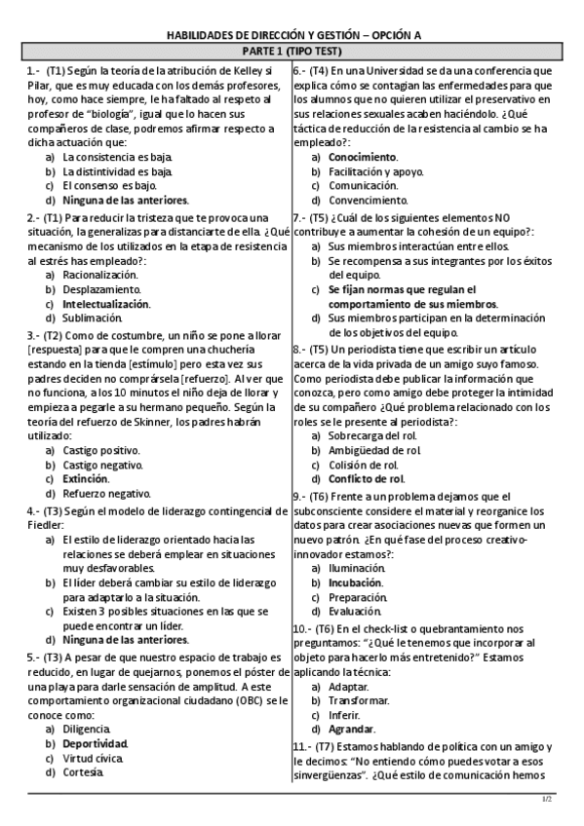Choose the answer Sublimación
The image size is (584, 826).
pyautogui.click(x=94, y=317)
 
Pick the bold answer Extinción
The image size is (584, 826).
pyautogui.click(x=86, y=478)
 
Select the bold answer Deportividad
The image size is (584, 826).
pyautogui.click(x=95, y=743)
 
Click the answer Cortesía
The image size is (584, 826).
pyautogui.click(x=85, y=771)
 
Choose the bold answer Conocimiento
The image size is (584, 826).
pyautogui.click(x=362, y=157)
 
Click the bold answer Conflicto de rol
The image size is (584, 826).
pyautogui.click(x=366, y=478)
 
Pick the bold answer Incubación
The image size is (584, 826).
pyautogui.click(x=356, y=582)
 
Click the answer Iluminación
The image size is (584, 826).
pyautogui.click(x=356, y=567)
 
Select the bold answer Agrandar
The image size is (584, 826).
pyautogui.click(x=352, y=729)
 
